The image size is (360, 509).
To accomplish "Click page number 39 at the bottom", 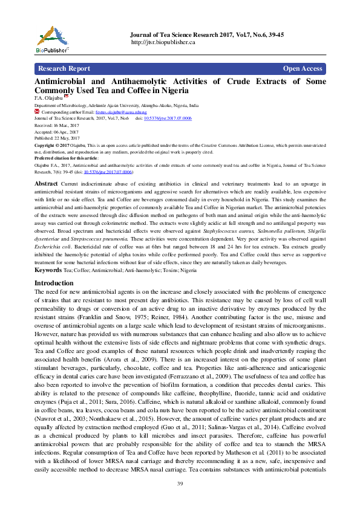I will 180,484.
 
